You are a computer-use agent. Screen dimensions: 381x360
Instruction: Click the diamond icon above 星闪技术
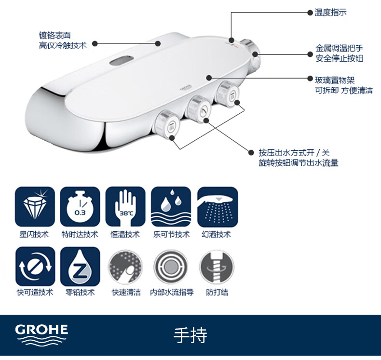coord(35,207)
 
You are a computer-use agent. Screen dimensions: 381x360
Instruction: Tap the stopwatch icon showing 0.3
coord(80,207)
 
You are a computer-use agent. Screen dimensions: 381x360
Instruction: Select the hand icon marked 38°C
coord(125,207)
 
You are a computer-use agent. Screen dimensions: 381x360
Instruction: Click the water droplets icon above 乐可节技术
coord(171,207)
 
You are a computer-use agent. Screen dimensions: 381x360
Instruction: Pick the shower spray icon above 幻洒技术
coord(218,207)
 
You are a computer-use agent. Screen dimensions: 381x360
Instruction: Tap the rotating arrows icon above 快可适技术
coord(35,267)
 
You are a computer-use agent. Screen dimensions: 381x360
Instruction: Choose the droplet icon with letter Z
coord(80,267)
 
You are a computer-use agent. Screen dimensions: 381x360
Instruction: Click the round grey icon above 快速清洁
coord(125,267)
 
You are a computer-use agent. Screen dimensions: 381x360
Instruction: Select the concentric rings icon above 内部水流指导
coord(171,267)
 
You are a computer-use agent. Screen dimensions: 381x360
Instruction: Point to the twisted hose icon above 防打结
coord(217,267)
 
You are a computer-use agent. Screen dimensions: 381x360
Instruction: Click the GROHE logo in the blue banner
coord(41,334)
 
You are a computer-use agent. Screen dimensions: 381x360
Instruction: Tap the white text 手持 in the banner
coord(190,335)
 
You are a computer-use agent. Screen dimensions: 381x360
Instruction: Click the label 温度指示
coord(330,13)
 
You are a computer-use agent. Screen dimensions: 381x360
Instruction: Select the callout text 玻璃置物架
coord(335,80)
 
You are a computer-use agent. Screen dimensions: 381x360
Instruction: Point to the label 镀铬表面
coord(55,35)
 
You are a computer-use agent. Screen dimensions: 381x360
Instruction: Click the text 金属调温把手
coord(339,48)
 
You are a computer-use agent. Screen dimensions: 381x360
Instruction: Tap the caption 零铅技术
coord(80,292)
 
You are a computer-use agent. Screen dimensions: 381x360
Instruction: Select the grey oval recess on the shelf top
coord(122,60)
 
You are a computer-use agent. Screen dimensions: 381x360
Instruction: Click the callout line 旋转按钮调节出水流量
coord(299,162)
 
